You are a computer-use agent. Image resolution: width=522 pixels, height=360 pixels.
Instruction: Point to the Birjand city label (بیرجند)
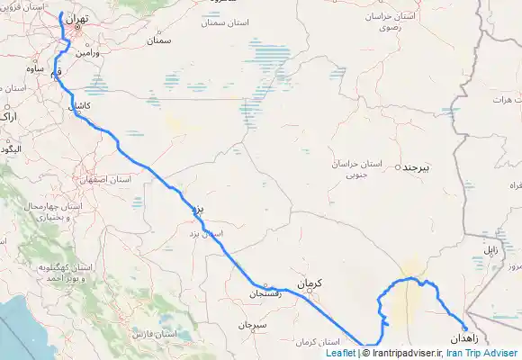click(416, 168)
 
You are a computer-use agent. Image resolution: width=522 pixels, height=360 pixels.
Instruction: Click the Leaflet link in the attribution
click(340, 354)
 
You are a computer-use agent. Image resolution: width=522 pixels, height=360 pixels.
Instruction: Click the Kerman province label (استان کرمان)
click(316, 343)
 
